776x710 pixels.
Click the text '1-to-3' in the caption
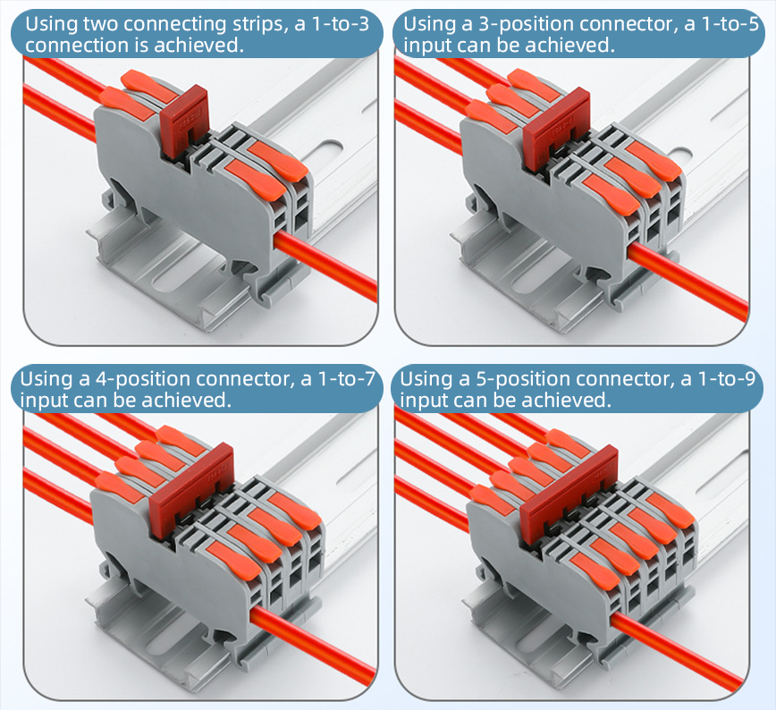341,24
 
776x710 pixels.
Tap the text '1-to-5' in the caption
730,24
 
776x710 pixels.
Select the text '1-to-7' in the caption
346,379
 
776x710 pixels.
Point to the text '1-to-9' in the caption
727,379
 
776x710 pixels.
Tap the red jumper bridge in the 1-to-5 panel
556,126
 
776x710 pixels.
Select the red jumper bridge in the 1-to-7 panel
190,490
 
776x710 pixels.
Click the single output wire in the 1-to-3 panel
325,265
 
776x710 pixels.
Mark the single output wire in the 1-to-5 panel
687,281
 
